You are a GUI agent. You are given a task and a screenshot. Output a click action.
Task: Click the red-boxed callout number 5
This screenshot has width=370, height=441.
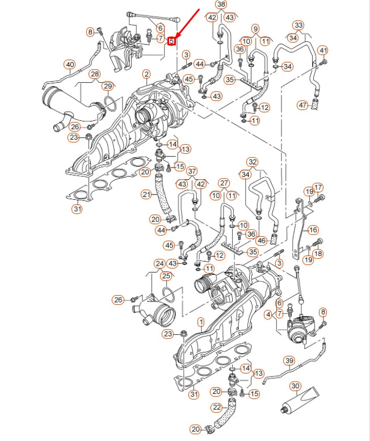172,40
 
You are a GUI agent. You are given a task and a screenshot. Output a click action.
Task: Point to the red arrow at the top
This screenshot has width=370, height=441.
188,23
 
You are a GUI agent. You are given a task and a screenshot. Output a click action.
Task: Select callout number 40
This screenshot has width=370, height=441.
69,65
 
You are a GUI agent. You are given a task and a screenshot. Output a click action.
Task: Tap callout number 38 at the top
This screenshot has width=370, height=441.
221,5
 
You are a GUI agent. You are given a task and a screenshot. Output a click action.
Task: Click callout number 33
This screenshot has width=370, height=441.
298,25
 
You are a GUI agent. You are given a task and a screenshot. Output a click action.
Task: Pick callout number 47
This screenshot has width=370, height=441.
302,105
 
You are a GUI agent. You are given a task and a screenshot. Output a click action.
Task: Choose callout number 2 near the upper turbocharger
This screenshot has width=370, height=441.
146,74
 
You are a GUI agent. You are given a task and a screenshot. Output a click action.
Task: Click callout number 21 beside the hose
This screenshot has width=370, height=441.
146,195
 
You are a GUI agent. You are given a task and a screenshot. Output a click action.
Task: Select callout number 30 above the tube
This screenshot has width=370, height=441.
295,387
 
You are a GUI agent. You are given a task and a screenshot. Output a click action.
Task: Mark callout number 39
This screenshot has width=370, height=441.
289,360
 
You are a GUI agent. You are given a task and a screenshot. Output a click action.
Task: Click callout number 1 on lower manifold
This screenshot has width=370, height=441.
200,322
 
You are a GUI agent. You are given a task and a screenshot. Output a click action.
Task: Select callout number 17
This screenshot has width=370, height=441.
318,187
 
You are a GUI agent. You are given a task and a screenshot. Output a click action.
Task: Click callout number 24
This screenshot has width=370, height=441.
159,263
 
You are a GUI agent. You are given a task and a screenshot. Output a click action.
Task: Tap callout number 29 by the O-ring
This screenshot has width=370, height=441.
107,85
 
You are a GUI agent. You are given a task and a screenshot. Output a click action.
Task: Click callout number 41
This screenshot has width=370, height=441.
323,51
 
